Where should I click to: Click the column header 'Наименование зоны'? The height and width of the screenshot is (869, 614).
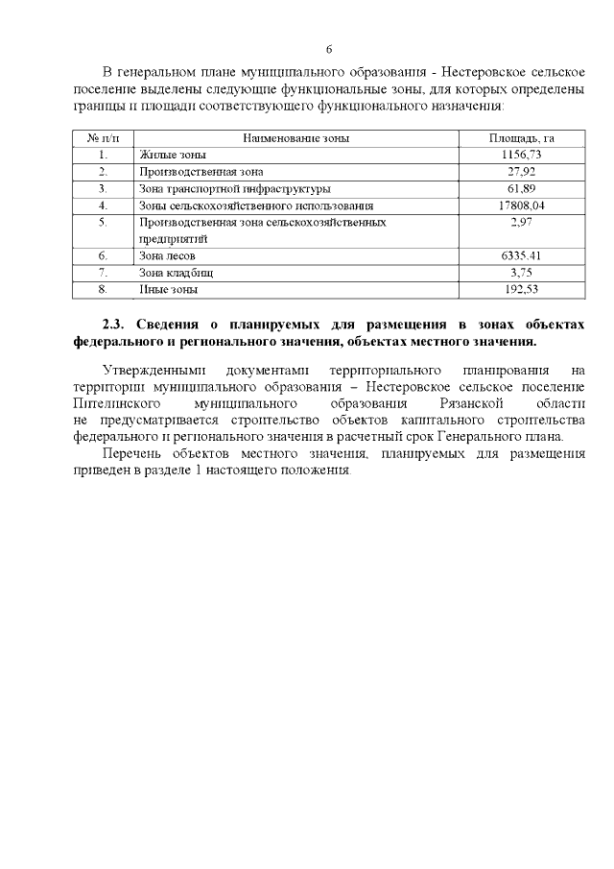[295, 138]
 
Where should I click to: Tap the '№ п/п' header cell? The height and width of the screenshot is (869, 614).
[103, 138]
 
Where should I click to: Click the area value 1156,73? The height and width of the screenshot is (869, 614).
[522, 155]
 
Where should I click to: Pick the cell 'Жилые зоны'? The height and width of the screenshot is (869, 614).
[173, 155]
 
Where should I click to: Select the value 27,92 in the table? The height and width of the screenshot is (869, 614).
[522, 172]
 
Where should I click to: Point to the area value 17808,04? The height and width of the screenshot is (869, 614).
[522, 205]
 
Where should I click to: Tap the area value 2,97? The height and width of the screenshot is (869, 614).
[522, 223]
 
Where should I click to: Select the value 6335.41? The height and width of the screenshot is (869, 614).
[522, 256]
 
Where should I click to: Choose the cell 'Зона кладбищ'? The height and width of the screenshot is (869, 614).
[176, 273]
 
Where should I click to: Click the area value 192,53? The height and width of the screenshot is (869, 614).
[522, 289]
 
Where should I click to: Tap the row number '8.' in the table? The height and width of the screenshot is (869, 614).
[103, 289]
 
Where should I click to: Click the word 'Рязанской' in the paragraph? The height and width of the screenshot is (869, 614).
[460, 404]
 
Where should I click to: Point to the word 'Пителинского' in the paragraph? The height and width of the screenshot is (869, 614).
[114, 404]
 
